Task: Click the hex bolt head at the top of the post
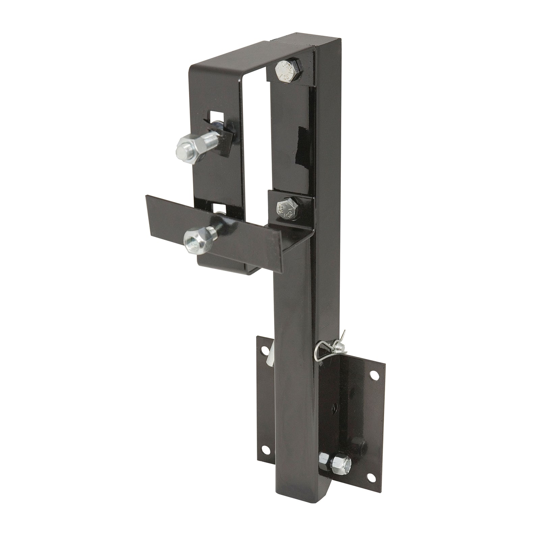coord(284,72)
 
